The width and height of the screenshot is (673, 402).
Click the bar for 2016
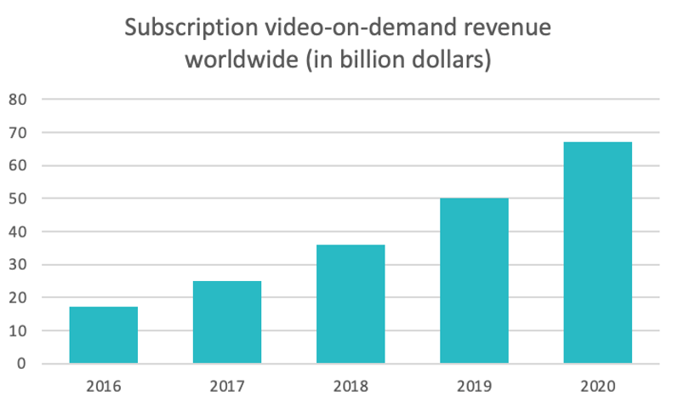click(103, 335)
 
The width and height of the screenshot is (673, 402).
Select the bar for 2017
click(226, 322)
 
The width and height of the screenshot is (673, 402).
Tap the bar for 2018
click(350, 304)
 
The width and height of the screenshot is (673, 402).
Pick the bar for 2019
click(474, 281)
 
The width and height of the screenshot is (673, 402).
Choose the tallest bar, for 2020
click(597, 253)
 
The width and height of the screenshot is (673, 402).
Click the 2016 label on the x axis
click(103, 385)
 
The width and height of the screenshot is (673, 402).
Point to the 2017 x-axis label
click(226, 385)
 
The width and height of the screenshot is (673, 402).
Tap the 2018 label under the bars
click(350, 385)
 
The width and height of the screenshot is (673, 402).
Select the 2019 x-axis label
click(474, 385)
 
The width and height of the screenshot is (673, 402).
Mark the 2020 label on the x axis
click(597, 385)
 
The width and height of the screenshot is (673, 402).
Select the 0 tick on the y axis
click(24, 364)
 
